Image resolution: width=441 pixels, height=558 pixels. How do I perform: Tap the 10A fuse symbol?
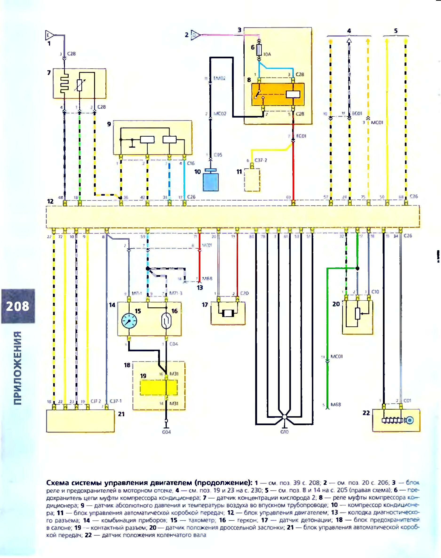pyautogui.click(x=259, y=51)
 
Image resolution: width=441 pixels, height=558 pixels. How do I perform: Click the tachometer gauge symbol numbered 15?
pyautogui.click(x=129, y=321)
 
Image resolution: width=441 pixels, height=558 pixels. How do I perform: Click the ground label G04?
pyautogui.click(x=166, y=432)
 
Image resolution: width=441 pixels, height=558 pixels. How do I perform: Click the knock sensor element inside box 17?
pyautogui.click(x=228, y=314)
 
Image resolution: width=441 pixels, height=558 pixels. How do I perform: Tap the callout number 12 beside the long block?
pyautogui.click(x=50, y=201)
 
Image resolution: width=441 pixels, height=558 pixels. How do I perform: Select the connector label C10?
pyautogui.click(x=375, y=292)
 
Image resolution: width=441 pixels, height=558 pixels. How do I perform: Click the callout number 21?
pyautogui.click(x=121, y=414)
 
